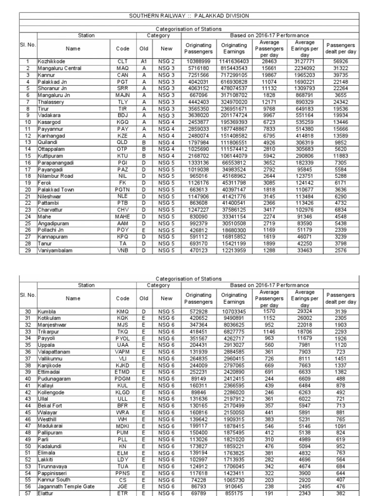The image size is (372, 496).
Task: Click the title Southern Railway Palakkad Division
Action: [188, 16]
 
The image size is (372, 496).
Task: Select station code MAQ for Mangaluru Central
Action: [122, 68]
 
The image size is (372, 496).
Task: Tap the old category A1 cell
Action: [144, 62]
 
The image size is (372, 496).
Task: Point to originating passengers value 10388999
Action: [198, 62]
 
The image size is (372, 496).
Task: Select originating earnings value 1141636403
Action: [234, 62]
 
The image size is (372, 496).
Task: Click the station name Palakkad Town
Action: [56, 190]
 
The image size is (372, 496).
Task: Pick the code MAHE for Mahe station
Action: [122, 217]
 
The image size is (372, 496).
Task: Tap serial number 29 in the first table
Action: [28, 250]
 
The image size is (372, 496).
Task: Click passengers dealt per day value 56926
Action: [341, 62]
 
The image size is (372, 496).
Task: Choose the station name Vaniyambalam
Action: [57, 250]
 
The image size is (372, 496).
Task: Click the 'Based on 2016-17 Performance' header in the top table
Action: [269, 36]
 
